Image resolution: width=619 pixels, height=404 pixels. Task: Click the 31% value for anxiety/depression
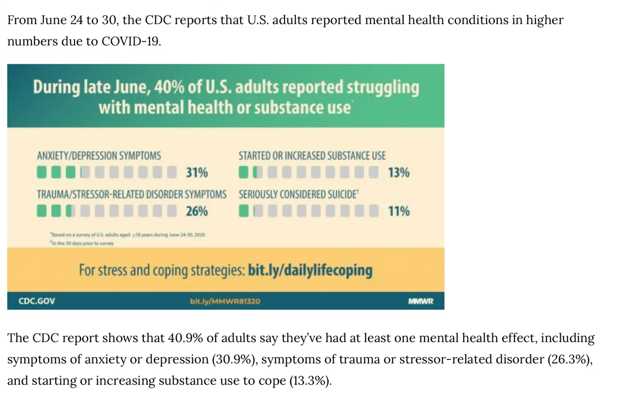(x=197, y=172)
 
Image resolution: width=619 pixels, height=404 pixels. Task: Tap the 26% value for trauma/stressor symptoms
(x=197, y=211)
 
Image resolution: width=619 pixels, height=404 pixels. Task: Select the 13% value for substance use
(x=398, y=172)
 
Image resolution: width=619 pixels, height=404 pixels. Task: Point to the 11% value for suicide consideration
(x=398, y=211)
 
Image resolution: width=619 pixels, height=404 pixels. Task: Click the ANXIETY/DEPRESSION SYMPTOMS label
(x=99, y=156)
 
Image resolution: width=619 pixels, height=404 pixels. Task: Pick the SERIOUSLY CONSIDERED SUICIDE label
(x=298, y=194)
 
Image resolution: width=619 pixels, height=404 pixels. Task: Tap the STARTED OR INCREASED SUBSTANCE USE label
(x=312, y=156)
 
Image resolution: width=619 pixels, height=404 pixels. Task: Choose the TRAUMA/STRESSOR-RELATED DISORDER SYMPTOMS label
(x=132, y=194)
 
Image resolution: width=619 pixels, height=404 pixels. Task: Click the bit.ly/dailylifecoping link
(x=310, y=270)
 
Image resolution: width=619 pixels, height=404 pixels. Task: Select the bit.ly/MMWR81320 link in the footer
(x=225, y=301)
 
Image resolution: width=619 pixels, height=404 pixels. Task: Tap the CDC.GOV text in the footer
(x=37, y=301)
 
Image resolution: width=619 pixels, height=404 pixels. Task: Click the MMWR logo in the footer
(x=421, y=301)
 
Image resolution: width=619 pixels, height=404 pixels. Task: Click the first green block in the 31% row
(x=41, y=172)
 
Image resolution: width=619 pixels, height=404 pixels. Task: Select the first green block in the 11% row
(x=243, y=211)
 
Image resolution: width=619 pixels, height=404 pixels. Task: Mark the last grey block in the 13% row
(x=373, y=172)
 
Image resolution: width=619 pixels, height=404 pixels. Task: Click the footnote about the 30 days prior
(x=82, y=244)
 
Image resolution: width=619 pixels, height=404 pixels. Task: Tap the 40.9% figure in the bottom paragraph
(x=185, y=338)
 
